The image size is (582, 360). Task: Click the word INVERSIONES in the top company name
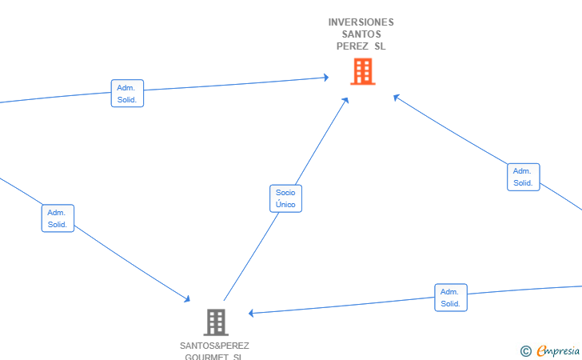(x=361, y=22)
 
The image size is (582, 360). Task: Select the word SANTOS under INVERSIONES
(x=361, y=34)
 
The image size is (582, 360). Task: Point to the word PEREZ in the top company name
(x=352, y=46)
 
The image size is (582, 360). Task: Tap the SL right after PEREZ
(x=380, y=46)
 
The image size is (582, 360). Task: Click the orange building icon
(x=362, y=72)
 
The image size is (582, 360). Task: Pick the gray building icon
(x=215, y=322)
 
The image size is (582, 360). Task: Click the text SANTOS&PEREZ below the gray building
(x=214, y=346)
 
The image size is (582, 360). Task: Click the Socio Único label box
(x=285, y=198)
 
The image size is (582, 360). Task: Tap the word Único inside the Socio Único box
(x=285, y=205)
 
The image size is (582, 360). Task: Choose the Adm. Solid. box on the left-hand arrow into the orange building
(x=127, y=94)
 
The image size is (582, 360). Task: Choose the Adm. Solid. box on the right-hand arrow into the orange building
(x=523, y=177)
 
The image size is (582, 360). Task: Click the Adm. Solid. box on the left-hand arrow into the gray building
(x=58, y=218)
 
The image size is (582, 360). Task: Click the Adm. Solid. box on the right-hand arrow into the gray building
(x=451, y=298)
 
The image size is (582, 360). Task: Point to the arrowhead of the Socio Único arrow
(x=346, y=100)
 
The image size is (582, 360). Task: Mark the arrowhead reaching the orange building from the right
(x=396, y=97)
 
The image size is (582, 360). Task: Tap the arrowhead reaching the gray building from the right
(x=251, y=313)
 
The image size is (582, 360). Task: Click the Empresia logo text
(x=557, y=350)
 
